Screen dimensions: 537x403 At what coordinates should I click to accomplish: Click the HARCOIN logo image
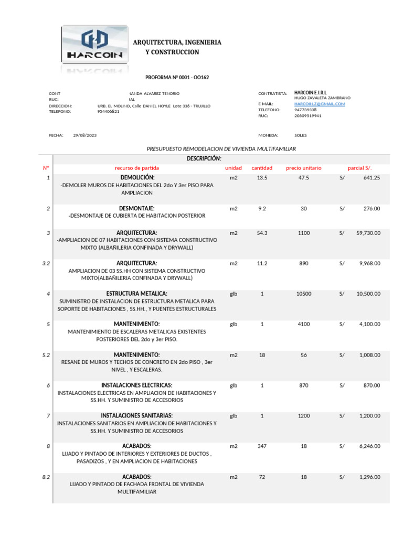click(x=95, y=46)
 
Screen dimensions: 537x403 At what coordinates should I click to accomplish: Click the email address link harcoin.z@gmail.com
click(x=320, y=104)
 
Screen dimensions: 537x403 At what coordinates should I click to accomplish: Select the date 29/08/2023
click(x=84, y=135)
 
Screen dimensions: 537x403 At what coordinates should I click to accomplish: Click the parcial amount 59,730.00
click(x=369, y=233)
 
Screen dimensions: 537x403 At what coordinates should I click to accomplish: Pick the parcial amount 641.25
click(x=372, y=178)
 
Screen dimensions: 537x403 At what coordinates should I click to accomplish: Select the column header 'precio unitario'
click(x=303, y=168)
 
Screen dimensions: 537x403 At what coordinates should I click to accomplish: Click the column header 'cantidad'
click(x=262, y=168)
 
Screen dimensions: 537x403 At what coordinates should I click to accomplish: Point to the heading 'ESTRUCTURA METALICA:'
click(x=137, y=294)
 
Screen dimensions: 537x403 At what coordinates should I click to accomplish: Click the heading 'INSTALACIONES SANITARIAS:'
click(x=137, y=415)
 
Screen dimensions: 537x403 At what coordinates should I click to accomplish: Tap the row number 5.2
click(x=46, y=355)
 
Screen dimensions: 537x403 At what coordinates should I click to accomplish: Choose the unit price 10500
click(x=303, y=294)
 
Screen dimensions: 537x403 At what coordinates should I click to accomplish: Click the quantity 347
click(x=262, y=446)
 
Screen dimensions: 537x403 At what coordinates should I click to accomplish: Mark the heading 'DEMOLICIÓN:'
click(x=137, y=178)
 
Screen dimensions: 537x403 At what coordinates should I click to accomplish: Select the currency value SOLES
click(x=301, y=135)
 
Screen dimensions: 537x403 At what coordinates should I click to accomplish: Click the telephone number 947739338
click(x=305, y=110)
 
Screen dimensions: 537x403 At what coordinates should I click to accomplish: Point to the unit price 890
click(x=303, y=263)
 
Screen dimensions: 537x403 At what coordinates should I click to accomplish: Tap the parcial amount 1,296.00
click(x=369, y=477)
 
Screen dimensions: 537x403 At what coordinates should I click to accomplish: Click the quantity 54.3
click(x=262, y=233)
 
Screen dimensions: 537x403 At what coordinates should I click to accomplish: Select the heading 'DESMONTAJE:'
click(x=137, y=208)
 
